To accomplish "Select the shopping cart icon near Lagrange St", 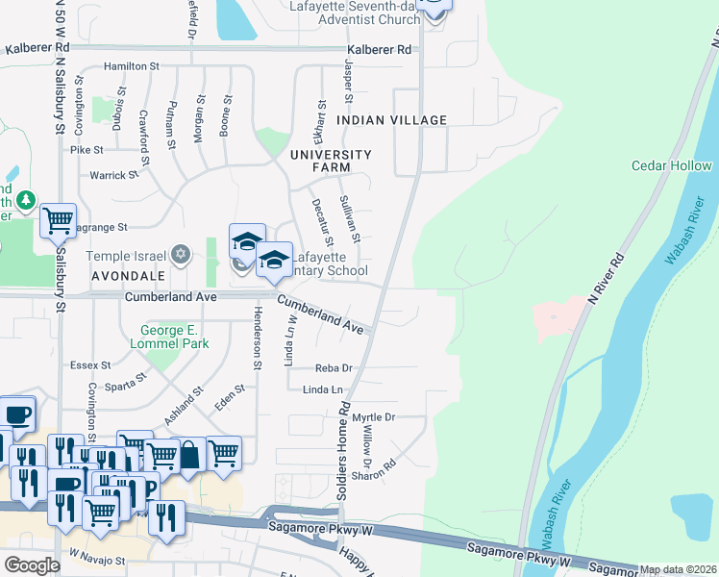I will pyautogui.click(x=58, y=220).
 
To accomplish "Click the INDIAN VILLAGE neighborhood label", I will pyautogui.click(x=392, y=120).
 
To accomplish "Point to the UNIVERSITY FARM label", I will pyautogui.click(x=331, y=162).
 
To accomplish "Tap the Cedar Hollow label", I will pyautogui.click(x=671, y=165).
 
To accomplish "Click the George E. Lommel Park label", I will pyautogui.click(x=169, y=337).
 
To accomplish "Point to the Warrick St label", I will pyautogui.click(x=108, y=175).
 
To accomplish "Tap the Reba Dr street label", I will pyautogui.click(x=334, y=367).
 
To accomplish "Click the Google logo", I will pyautogui.click(x=32, y=565).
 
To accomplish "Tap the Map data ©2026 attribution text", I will pyautogui.click(x=678, y=569).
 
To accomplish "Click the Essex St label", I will pyautogui.click(x=91, y=365).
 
